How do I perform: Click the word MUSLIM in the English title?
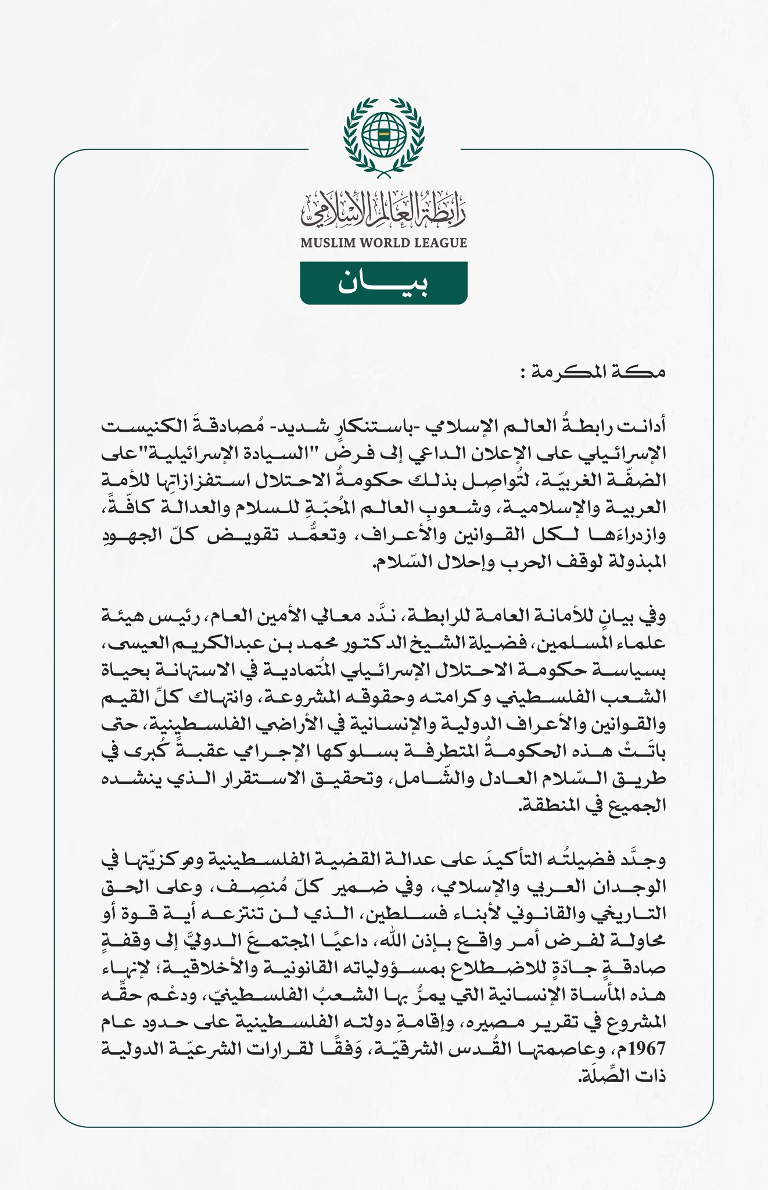point(326,242)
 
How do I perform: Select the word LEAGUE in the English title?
point(442,242)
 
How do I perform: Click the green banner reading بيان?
point(383,283)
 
